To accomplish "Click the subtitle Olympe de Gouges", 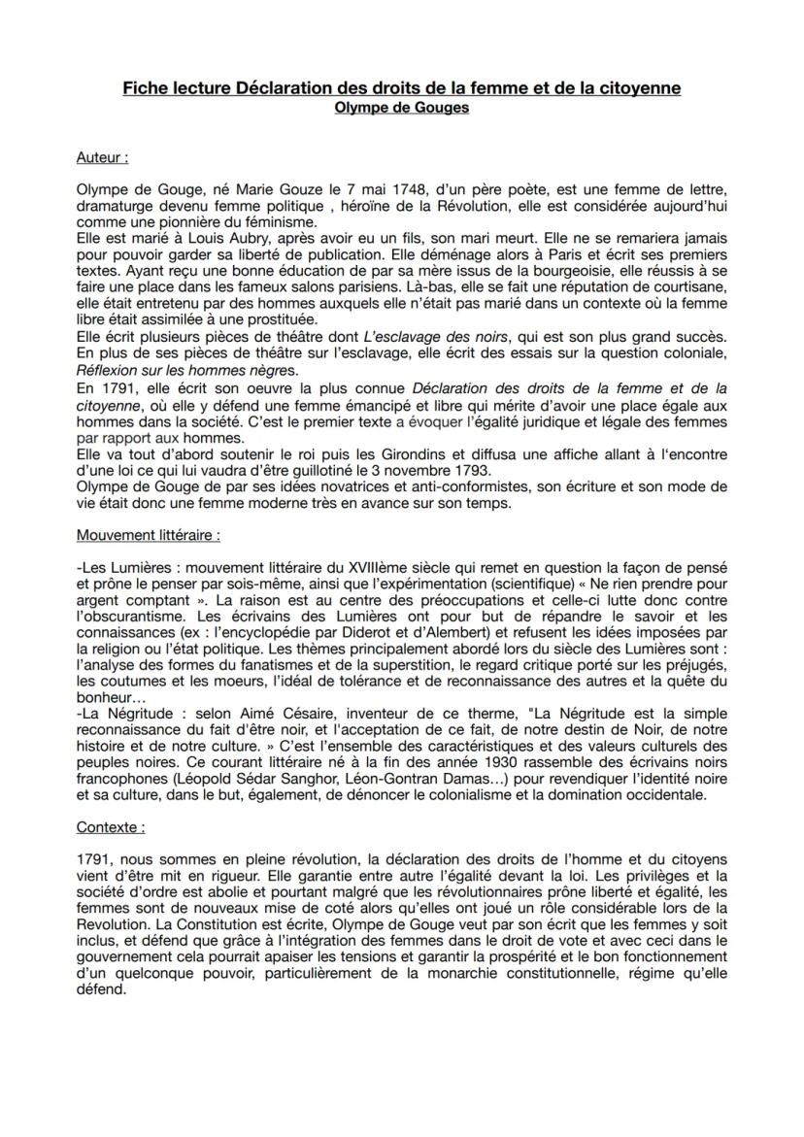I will click(401, 108).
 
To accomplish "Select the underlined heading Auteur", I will click(102, 155).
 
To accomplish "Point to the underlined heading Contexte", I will click(111, 828).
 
